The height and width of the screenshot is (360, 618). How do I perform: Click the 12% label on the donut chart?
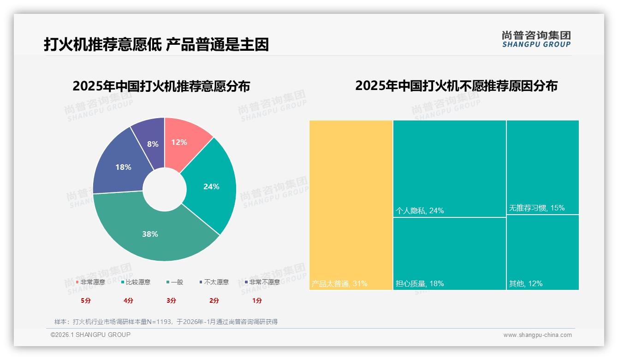pos(179,142)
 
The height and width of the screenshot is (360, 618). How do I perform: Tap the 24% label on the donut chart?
pos(211,186)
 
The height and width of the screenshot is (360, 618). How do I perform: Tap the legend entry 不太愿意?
pos(216,282)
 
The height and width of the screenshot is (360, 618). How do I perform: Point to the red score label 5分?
pos(86,300)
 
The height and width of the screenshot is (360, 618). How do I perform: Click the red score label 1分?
pos(257,300)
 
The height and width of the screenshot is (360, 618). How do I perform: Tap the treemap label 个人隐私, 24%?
pos(420,210)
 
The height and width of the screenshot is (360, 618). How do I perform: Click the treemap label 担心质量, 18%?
pos(420,283)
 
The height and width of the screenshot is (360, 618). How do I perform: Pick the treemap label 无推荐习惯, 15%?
pos(537,208)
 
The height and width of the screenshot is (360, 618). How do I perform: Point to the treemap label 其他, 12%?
pos(526,283)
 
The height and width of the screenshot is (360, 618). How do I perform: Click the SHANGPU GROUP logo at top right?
pos(536,39)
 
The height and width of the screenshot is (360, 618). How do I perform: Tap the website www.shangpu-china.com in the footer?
pos(537,335)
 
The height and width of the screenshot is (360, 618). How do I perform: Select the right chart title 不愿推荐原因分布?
pos(456,86)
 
